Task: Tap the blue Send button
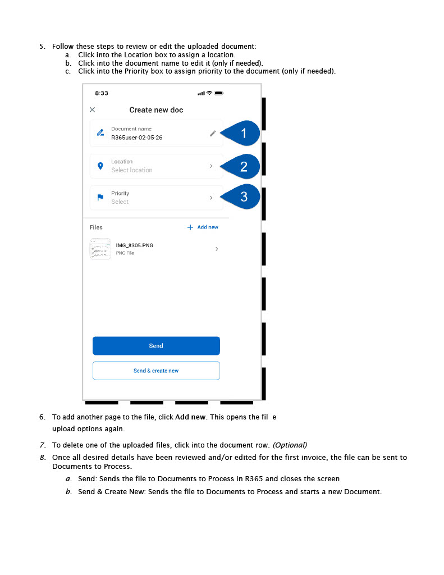point(156,346)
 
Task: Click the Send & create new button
point(156,371)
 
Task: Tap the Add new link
point(203,227)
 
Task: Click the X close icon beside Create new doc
point(93,109)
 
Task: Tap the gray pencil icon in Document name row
point(213,134)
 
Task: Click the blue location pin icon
point(100,166)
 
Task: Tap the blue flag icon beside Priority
point(100,197)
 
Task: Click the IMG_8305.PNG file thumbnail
point(100,249)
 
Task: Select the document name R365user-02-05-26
point(137,138)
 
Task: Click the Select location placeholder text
point(132,170)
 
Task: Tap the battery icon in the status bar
point(219,93)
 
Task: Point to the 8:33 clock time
point(102,93)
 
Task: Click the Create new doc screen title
point(156,110)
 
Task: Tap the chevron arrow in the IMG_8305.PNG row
point(217,249)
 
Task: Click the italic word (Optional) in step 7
point(290,445)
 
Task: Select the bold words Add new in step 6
point(190,417)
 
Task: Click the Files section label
point(96,227)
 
